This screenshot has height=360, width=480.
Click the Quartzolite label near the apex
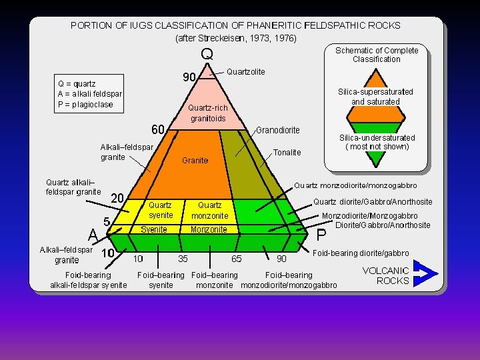pos(246,71)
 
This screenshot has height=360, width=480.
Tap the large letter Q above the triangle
pos(207,53)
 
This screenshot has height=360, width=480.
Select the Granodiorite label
pos(278,130)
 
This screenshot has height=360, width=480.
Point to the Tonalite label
pos(287,153)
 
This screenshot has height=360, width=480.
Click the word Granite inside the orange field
pos(195,161)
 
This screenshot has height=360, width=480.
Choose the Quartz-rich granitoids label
pos(208,113)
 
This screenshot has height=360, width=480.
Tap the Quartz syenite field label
pos(161,210)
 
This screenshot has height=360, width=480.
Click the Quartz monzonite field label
pos(209,210)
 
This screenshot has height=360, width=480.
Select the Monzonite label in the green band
pos(208,229)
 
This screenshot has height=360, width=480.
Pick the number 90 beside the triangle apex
pos(189,77)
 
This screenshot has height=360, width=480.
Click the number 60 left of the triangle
pos(157,127)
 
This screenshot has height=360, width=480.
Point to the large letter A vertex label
pos(94,234)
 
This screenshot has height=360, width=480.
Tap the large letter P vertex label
pos(321,235)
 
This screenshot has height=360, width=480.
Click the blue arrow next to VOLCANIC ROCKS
pos(425,273)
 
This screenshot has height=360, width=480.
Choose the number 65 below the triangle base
pos(236,259)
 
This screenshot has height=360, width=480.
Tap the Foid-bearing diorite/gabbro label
pos(361,253)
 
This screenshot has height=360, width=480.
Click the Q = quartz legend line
pos(77,84)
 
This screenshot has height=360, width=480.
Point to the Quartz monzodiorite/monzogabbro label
pos(356,185)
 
